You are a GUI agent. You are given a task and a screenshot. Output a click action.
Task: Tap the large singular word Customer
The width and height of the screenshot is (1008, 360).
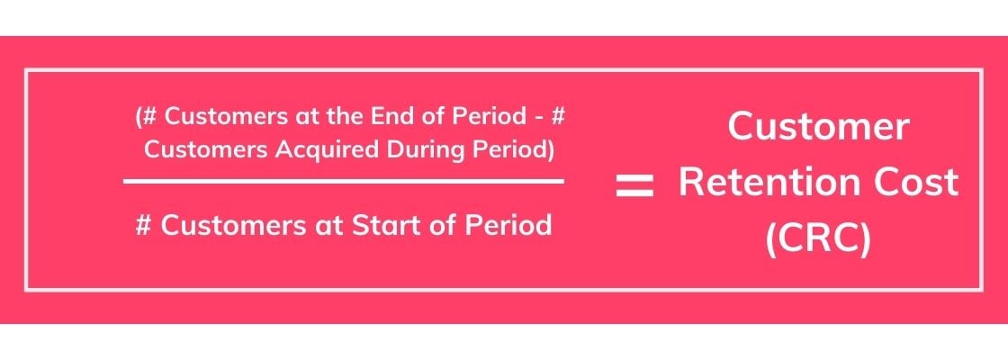(x=818, y=126)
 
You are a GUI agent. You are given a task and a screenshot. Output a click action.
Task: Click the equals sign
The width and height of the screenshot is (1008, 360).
(x=634, y=186)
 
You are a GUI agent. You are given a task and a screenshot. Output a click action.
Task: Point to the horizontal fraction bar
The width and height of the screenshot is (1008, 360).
(x=344, y=181)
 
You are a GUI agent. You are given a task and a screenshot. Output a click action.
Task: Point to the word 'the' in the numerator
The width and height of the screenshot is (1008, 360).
(x=350, y=117)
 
